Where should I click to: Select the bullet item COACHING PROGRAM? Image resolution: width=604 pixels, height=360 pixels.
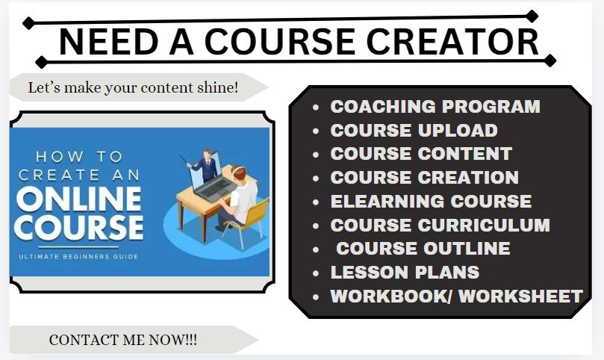435,107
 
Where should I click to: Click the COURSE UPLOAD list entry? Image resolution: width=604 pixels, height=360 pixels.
414,131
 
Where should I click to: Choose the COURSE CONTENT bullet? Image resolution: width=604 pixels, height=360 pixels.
421,154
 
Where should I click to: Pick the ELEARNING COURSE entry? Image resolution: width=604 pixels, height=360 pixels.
431,202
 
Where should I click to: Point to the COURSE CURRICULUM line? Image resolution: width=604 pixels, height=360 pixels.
440,225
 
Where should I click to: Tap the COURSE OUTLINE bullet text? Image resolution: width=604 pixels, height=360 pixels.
423,249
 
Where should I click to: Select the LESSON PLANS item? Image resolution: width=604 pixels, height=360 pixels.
405,273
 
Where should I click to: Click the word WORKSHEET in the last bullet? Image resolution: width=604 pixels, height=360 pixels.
520,297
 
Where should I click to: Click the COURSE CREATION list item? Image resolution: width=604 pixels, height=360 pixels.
424,178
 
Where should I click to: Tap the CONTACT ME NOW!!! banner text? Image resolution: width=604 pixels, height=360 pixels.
123,340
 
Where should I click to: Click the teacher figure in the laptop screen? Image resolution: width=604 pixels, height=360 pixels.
205,161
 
